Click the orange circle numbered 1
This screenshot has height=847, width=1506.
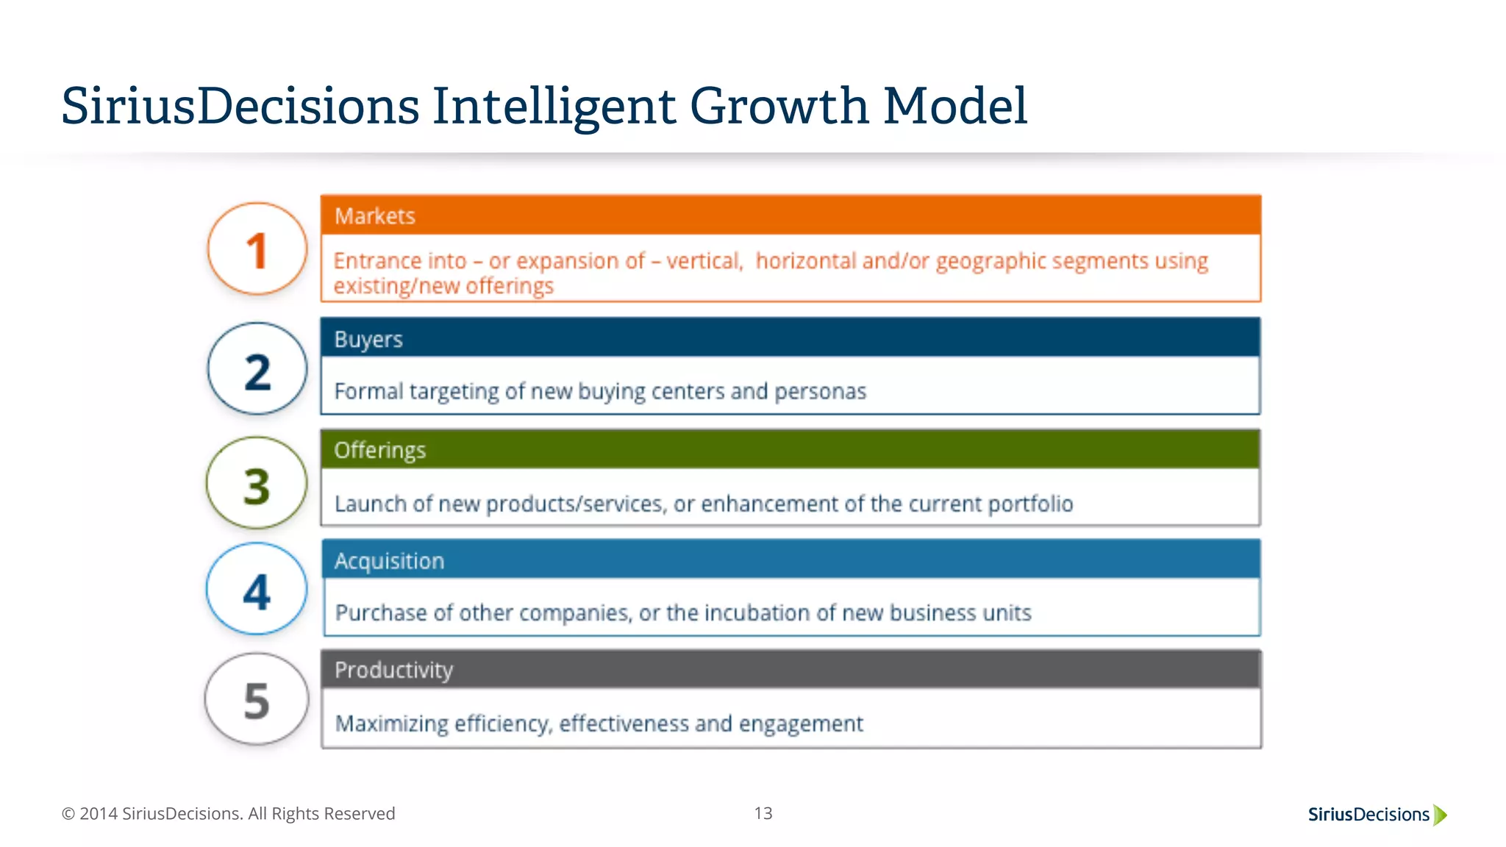[257, 249]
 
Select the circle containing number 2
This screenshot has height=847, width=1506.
[257, 369]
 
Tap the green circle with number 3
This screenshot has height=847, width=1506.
[257, 483]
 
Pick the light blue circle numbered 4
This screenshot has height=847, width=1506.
[257, 589]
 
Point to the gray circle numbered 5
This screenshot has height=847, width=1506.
[257, 699]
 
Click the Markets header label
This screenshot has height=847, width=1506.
[375, 216]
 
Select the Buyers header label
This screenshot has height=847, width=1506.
[368, 340]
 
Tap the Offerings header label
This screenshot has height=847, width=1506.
[380, 450]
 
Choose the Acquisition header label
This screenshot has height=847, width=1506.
[390, 561]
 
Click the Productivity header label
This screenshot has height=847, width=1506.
[394, 670]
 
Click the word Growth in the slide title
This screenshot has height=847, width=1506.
[779, 106]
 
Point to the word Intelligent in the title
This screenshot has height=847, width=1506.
[553, 107]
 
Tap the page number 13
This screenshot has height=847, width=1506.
[763, 813]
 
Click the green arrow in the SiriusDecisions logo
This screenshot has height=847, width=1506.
[1441, 815]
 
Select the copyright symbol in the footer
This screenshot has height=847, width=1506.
[68, 814]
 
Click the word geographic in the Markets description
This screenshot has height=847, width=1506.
[991, 262]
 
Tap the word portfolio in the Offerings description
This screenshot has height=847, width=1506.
[1030, 504]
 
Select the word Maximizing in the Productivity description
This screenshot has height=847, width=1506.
[392, 724]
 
